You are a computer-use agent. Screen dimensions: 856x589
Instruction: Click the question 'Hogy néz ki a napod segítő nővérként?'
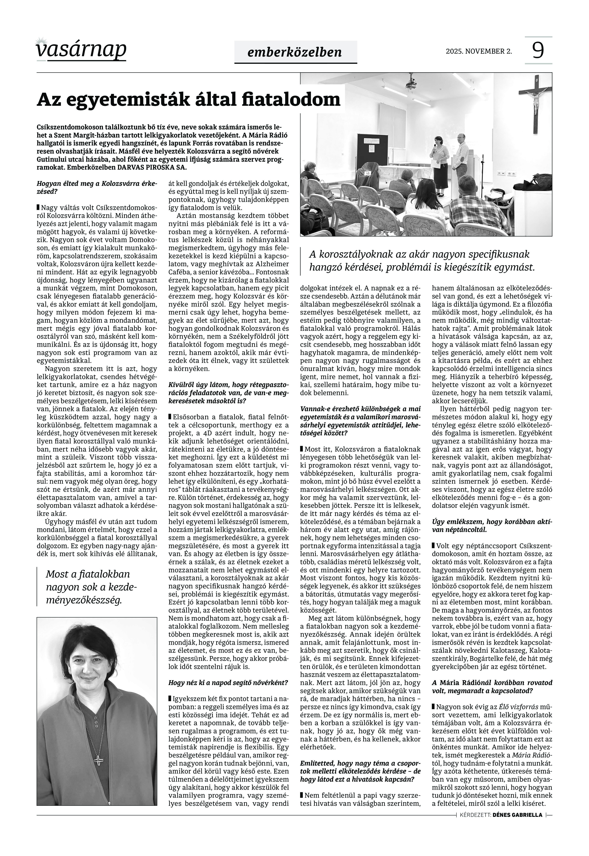pos(228,683)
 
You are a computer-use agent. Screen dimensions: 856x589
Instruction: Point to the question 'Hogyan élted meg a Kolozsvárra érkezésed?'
pos(97,187)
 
